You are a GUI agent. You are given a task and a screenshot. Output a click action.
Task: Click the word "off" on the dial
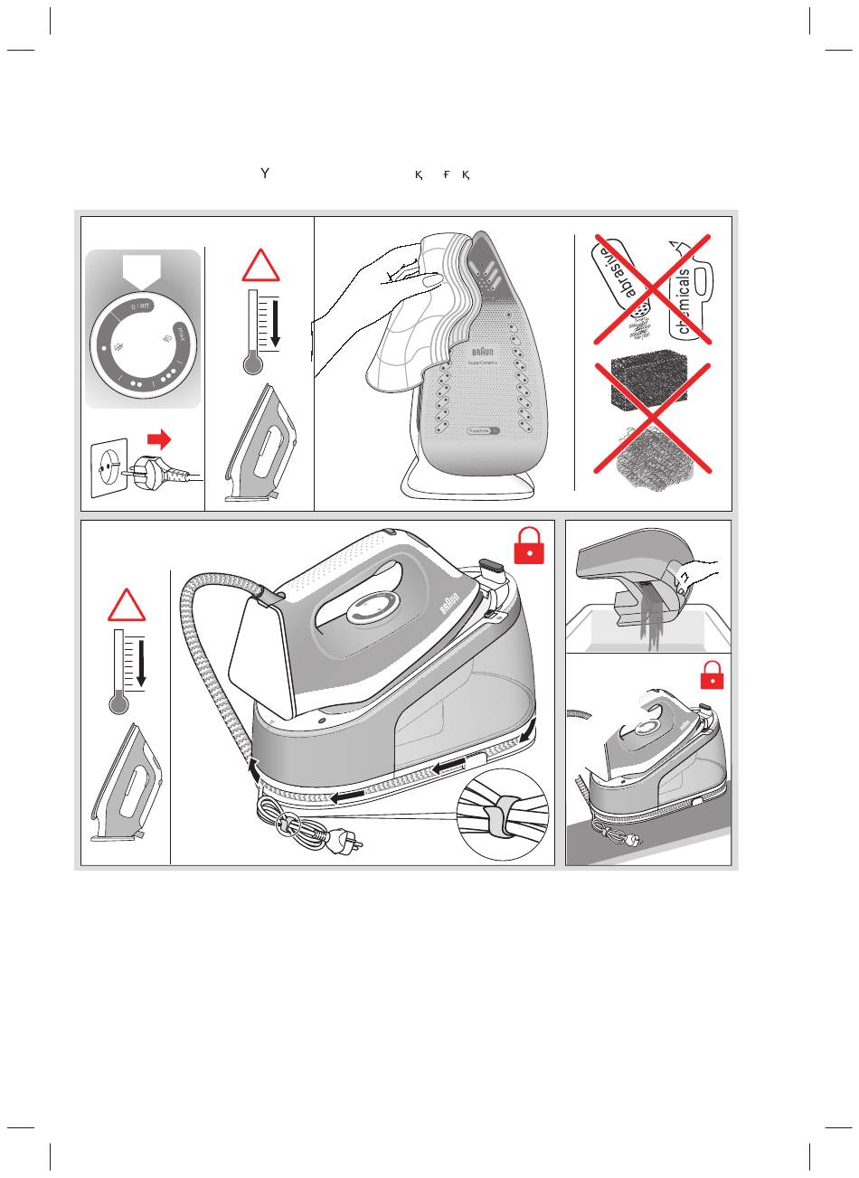click(146, 306)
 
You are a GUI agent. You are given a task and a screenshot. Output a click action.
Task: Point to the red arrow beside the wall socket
click(159, 439)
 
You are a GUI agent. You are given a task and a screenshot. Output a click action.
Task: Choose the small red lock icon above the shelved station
click(713, 674)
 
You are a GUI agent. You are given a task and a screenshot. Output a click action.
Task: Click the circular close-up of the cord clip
click(504, 814)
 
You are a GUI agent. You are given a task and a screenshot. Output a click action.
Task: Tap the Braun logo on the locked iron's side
click(451, 605)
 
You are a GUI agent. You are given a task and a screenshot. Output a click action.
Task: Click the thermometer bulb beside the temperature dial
click(252, 363)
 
